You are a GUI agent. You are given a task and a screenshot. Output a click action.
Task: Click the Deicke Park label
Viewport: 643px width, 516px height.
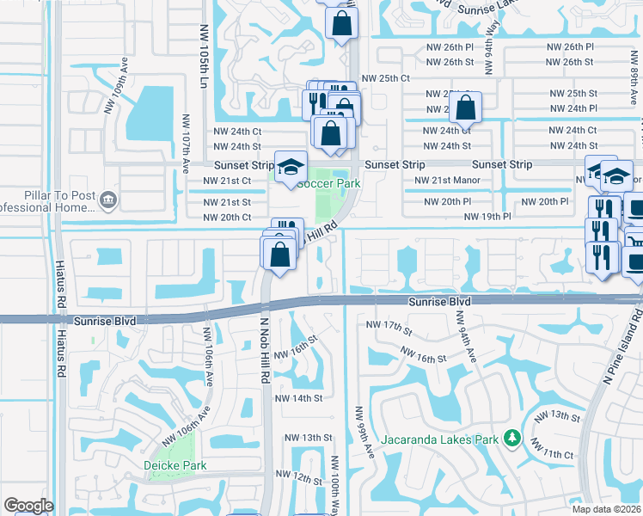[x=175, y=465]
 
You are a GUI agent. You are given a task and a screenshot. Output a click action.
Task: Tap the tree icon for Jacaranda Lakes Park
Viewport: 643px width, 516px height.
[x=512, y=439]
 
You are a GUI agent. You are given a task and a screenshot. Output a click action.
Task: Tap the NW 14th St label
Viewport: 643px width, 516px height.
[x=298, y=398]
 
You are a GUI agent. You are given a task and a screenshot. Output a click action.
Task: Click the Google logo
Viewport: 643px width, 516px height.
[x=28, y=506]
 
